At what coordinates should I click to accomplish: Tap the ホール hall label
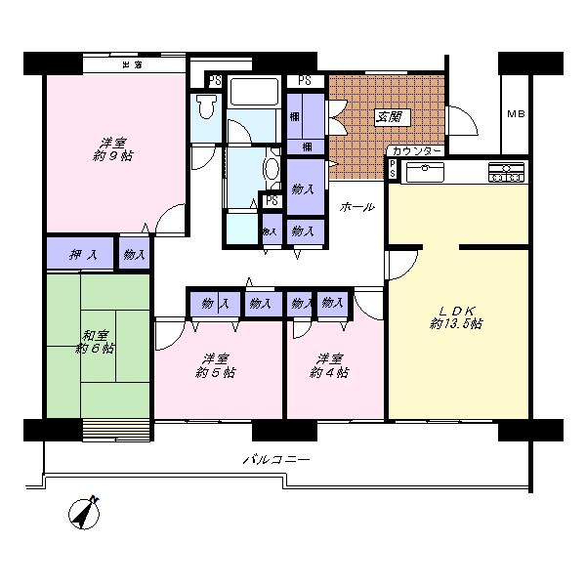pyautogui.click(x=356, y=207)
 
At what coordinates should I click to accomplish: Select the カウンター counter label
pyautogui.click(x=417, y=151)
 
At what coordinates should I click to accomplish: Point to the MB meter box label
pyautogui.click(x=516, y=113)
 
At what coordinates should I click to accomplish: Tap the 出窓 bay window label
pyautogui.click(x=133, y=64)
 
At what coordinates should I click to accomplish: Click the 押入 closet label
pyautogui.click(x=82, y=255)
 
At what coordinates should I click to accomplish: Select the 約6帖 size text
pyautogui.click(x=97, y=348)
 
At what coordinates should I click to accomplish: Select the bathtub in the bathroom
pyautogui.click(x=254, y=95)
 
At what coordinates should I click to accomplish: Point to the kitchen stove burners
pyautogui.click(x=506, y=172)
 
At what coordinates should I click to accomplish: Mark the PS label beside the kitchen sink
pyautogui.click(x=393, y=169)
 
